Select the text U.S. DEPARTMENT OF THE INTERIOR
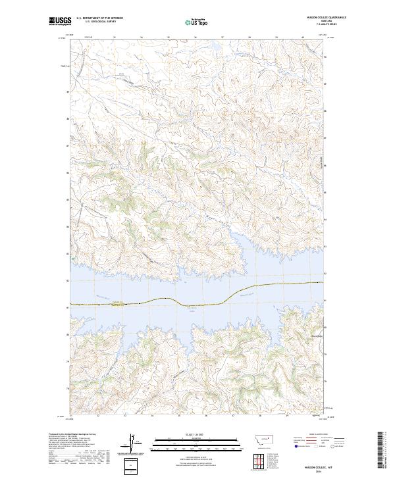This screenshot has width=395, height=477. pyautogui.click(x=99, y=19)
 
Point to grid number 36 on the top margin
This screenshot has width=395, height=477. pyautogui.click(x=196, y=38)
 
